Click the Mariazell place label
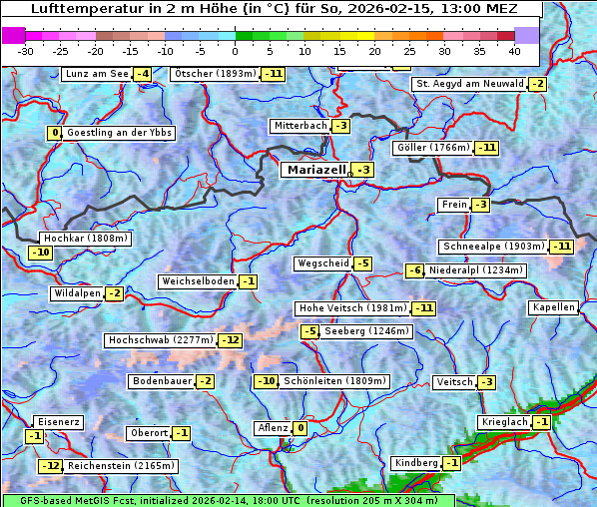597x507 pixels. click(x=314, y=170)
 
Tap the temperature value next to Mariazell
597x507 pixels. click(x=362, y=171)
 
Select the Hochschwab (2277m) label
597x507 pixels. click(x=161, y=340)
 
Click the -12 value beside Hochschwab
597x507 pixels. click(x=231, y=340)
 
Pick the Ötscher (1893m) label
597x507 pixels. click(x=215, y=74)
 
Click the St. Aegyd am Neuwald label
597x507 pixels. click(x=469, y=84)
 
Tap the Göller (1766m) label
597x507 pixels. click(x=432, y=148)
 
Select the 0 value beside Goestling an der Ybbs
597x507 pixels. click(x=54, y=133)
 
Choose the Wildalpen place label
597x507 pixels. click(x=78, y=293)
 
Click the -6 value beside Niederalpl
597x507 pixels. click(x=414, y=270)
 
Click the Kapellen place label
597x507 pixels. click(x=554, y=307)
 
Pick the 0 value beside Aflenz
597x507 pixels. click(x=299, y=428)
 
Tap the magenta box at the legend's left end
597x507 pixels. click(x=14, y=35)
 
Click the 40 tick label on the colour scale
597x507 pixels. click(x=514, y=50)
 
